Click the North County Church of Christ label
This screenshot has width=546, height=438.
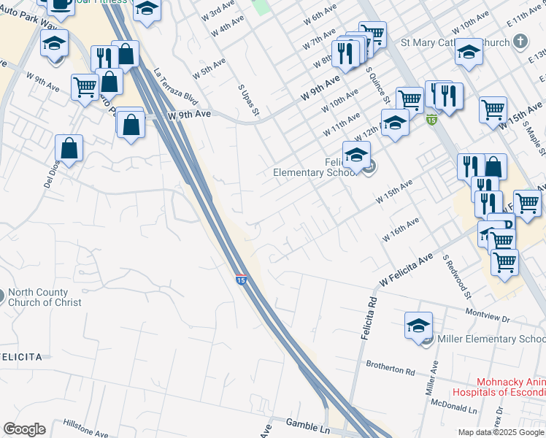(45, 297)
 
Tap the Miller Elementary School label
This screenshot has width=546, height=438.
(491, 339)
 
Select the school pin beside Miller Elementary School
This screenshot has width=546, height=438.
(419, 326)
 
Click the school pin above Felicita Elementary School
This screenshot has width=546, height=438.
(356, 155)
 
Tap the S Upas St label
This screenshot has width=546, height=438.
(249, 99)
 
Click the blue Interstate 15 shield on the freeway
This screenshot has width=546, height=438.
(240, 279)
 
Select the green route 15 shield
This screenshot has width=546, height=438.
(431, 120)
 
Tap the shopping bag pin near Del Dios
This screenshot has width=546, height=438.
(69, 149)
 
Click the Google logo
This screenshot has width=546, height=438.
(24, 429)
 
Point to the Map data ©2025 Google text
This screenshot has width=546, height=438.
(500, 432)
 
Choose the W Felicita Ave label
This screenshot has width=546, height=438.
(407, 271)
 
